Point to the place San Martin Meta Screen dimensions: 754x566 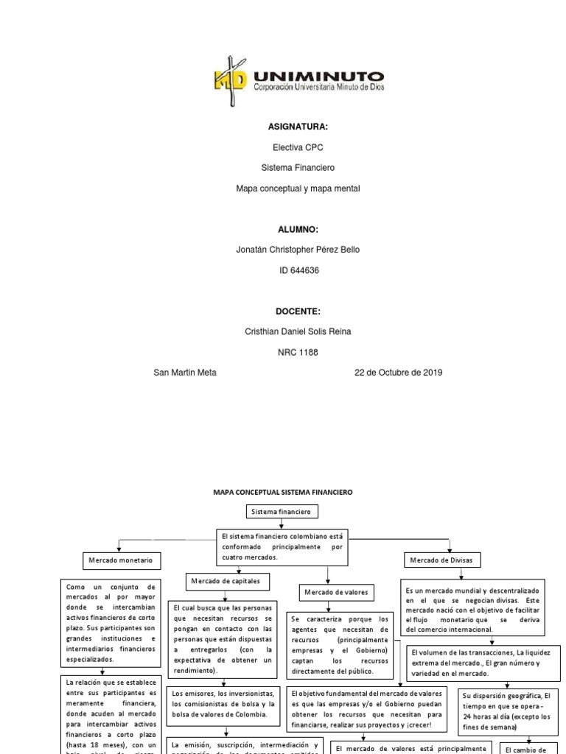click(184, 373)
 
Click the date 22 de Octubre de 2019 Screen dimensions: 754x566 click(398, 373)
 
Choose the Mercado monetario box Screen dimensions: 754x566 click(120, 561)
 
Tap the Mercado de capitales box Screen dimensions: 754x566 click(225, 582)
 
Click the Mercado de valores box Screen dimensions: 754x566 click(335, 592)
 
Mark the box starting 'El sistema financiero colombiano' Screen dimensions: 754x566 click(282, 547)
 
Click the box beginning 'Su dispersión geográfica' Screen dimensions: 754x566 click(507, 711)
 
